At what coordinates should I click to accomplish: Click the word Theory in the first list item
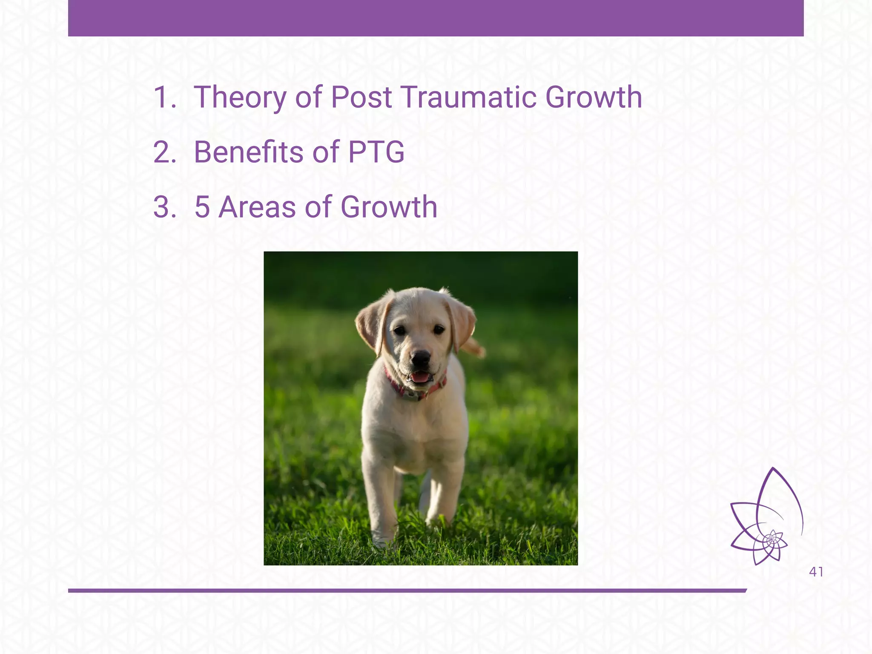coord(240,98)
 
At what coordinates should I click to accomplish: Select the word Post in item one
coord(361,97)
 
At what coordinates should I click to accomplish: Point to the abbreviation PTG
coord(376,152)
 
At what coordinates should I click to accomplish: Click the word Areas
coord(257,207)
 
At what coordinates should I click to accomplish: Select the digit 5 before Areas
coord(202,207)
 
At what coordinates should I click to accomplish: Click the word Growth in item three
coord(389,207)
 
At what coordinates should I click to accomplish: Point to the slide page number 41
coord(816,572)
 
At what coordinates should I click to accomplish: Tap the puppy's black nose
coord(421,357)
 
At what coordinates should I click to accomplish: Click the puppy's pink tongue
coord(420,377)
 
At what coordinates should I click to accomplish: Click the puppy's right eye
coord(438,329)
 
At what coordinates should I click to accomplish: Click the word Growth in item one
coord(594,97)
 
